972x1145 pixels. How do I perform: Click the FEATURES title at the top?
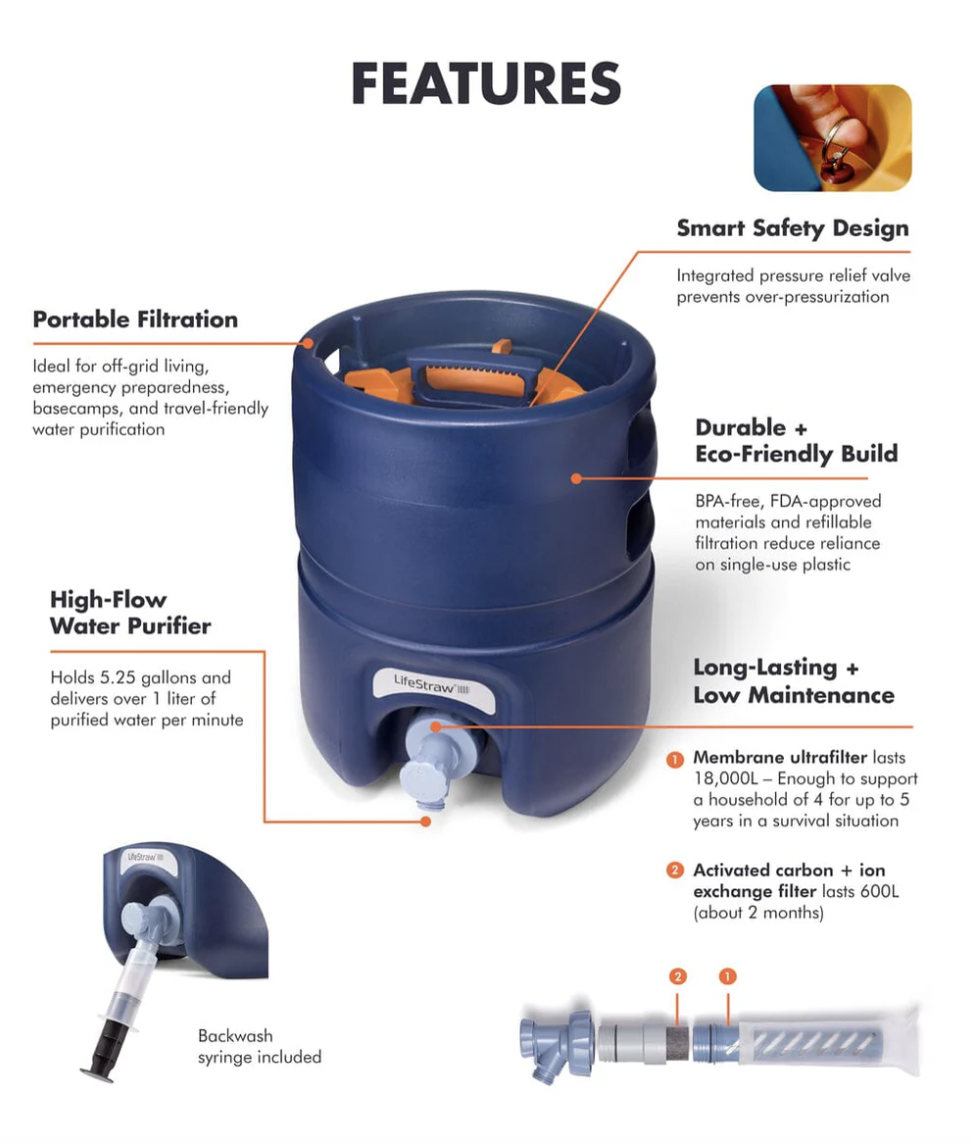coord(486,84)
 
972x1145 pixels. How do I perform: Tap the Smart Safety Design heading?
coord(792,229)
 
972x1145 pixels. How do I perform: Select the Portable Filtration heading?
coord(135,320)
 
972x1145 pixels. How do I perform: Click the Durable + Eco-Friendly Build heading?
coord(796,441)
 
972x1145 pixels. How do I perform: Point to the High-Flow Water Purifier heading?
coord(130,612)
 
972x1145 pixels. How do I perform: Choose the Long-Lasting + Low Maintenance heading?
coord(793,680)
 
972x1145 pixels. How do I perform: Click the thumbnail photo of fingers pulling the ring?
coord(832,138)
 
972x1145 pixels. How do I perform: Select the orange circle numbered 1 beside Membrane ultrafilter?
coord(675,758)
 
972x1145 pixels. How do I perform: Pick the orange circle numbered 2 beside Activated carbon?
coord(675,870)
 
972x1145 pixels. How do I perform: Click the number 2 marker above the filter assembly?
coord(678,975)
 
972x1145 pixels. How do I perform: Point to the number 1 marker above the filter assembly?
coord(727,975)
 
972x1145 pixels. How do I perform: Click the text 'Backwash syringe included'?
coord(259,1046)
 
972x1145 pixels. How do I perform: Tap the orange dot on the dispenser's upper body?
coord(576,478)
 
